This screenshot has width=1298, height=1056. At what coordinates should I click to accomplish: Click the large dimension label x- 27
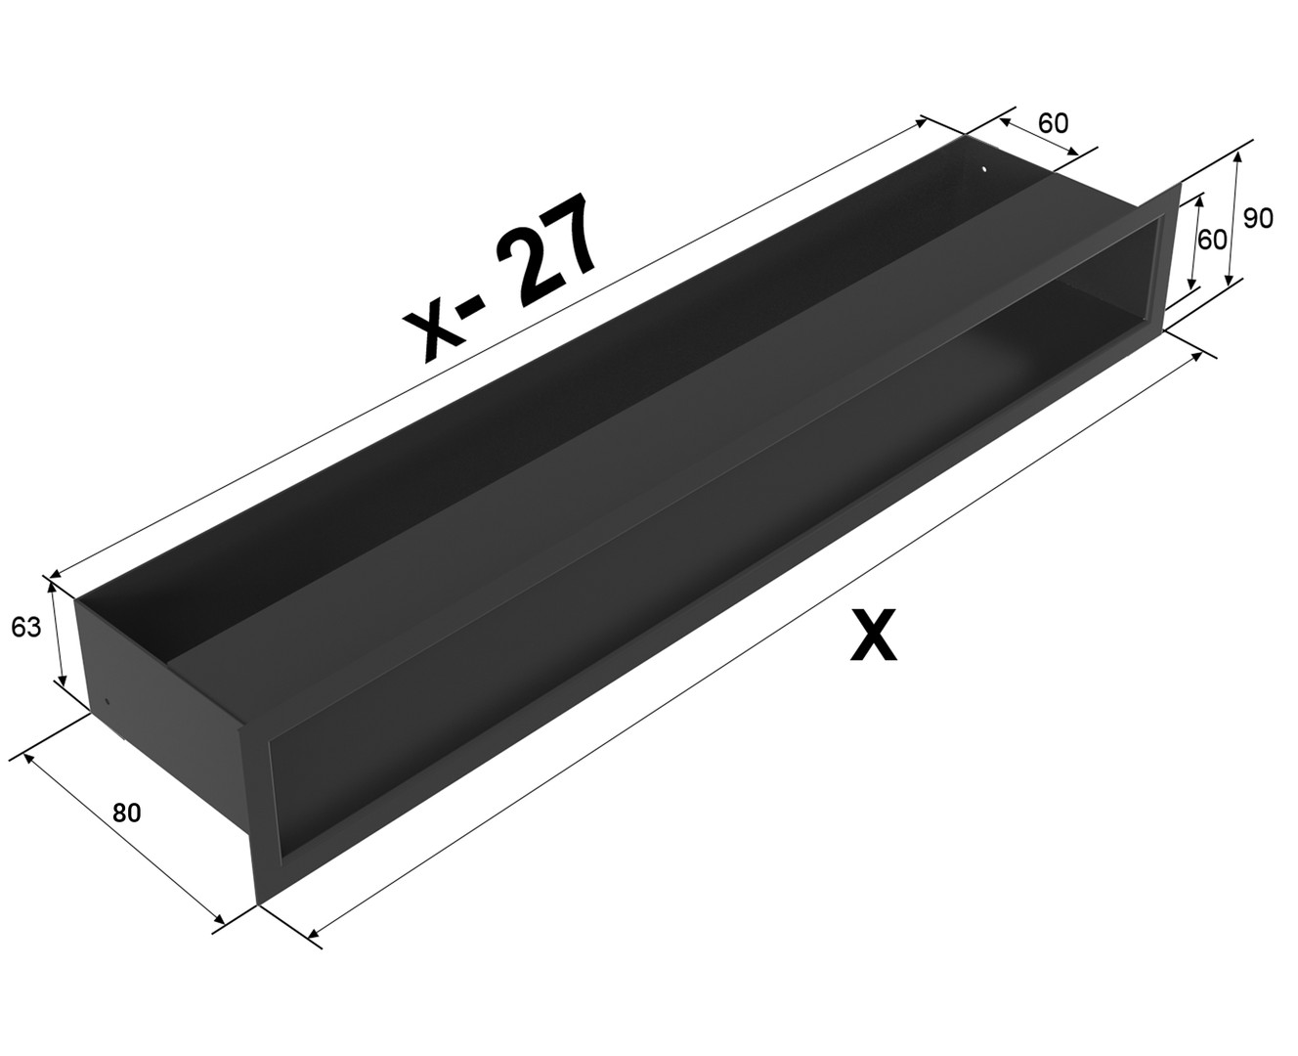pos(499,279)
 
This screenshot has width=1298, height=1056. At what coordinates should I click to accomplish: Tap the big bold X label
pos(873,634)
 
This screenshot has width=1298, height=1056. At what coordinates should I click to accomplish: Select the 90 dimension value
pos(1258,218)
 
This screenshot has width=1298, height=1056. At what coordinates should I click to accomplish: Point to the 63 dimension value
pos(25,628)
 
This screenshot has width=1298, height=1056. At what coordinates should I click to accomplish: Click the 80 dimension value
pos(127,813)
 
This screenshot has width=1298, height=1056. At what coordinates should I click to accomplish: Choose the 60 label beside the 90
pos(1212,241)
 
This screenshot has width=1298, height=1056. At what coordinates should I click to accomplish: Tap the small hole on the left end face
pos(108,701)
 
